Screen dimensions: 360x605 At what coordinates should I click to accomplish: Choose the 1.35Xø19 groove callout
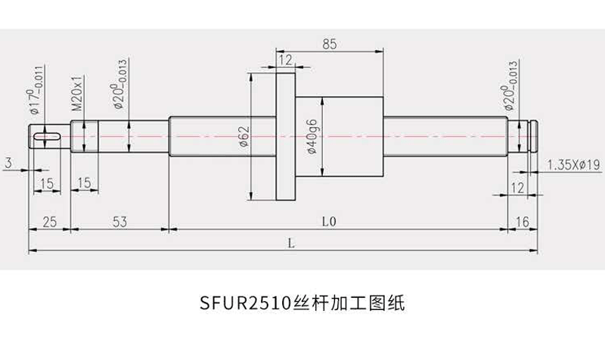572,164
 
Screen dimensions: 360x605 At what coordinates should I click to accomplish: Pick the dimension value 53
118,222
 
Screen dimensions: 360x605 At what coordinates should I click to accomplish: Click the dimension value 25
49,222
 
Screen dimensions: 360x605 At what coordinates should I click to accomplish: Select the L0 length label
327,222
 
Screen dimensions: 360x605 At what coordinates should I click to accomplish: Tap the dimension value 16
523,222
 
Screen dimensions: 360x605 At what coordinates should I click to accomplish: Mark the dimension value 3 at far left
7,163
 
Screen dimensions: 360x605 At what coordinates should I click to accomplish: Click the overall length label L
291,243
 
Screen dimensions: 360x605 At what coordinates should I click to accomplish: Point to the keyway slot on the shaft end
48,135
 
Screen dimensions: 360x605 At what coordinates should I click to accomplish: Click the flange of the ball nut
284,136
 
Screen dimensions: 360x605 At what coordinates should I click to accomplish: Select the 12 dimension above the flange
284,60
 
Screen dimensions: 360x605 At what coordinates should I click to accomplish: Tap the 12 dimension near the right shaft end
518,187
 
